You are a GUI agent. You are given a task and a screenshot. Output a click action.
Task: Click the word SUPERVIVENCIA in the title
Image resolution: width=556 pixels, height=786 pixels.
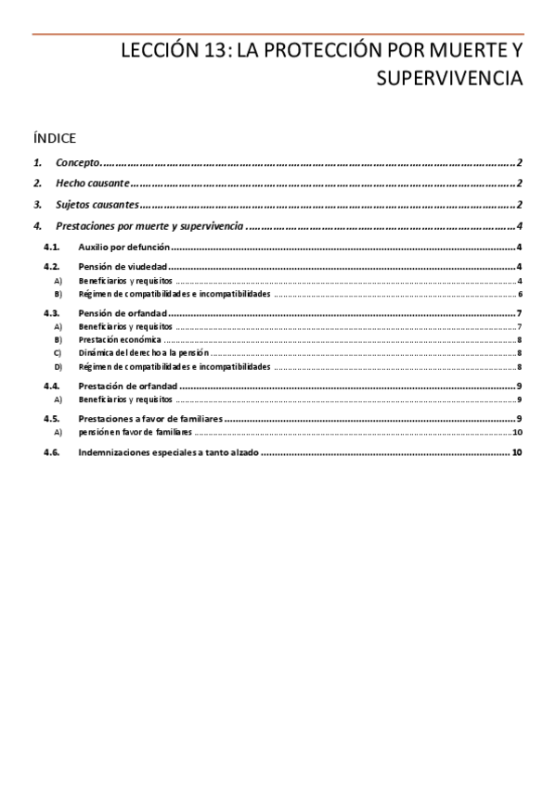click(449, 79)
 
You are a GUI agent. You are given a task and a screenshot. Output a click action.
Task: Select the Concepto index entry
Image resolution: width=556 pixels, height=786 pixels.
click(77, 162)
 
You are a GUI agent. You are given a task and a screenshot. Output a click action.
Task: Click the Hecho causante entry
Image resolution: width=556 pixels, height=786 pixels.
click(91, 184)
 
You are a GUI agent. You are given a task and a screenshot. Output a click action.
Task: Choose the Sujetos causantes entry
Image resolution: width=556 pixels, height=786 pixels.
click(97, 205)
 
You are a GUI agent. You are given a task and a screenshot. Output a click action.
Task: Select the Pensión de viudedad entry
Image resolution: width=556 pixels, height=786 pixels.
click(123, 267)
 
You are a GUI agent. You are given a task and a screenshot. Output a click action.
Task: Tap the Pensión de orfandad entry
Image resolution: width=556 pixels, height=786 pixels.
click(124, 313)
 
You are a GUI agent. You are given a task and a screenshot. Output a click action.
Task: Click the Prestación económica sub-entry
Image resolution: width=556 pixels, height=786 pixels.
click(122, 340)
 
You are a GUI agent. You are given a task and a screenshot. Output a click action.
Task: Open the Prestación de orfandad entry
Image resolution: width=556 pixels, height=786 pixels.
click(128, 386)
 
